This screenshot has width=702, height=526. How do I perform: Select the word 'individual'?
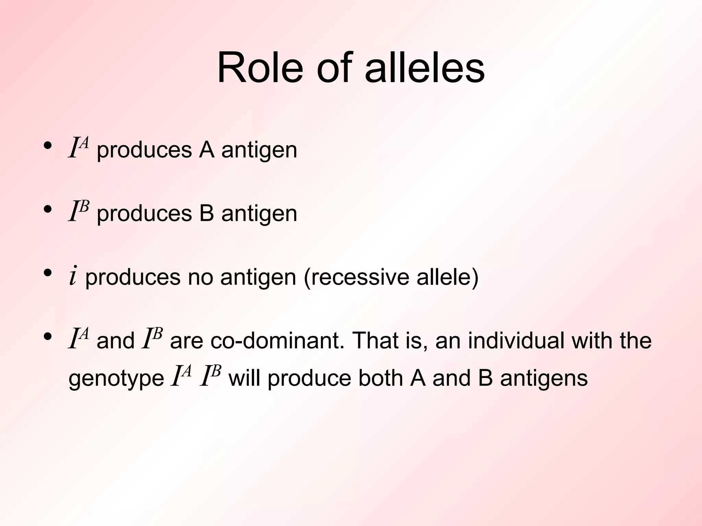tap(516, 340)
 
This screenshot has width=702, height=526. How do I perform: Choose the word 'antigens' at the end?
tap(544, 379)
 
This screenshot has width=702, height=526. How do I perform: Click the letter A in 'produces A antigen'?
tap(207, 150)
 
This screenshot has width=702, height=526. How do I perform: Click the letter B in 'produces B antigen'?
tap(207, 213)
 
